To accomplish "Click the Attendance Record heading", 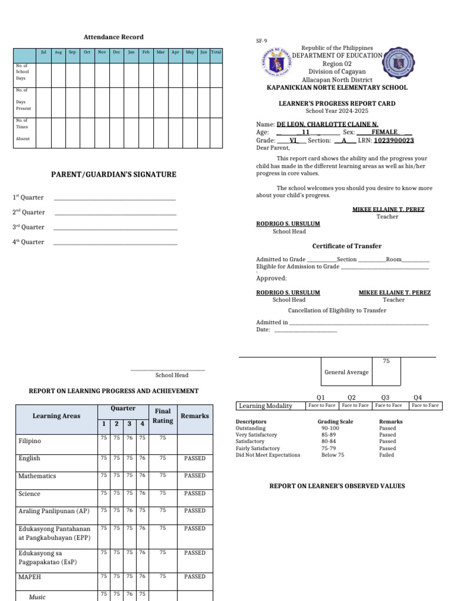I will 113,37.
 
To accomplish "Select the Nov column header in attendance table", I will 102,52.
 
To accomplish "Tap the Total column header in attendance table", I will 216,52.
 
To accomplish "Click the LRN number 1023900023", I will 393,141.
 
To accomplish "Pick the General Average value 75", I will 386,361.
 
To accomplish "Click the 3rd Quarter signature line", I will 115,228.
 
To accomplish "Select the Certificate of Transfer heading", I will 346,247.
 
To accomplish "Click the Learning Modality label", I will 265,406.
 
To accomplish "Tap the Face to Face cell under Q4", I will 425,406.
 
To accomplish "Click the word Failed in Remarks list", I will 386,455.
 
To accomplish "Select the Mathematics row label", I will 37,476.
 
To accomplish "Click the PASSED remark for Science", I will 194,494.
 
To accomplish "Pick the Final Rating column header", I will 163,416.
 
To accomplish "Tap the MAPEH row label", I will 29,577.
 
